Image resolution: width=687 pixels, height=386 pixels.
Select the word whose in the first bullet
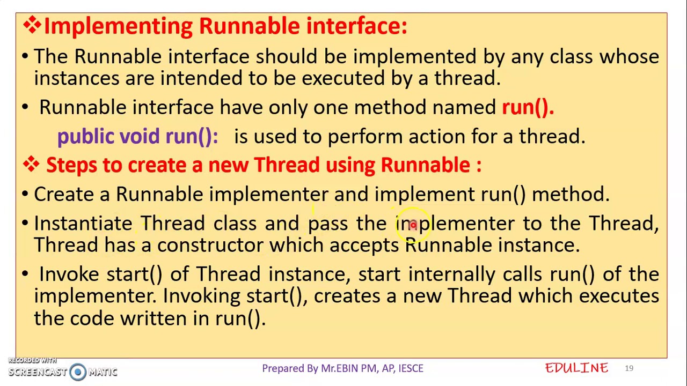click(x=629, y=57)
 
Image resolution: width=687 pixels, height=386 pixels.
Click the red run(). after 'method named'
click(x=527, y=107)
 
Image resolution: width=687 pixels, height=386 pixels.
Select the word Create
click(x=64, y=194)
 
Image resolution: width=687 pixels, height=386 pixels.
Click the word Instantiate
click(x=83, y=223)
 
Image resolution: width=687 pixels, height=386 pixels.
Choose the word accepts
click(x=363, y=245)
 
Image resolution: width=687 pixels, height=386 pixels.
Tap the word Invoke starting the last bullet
click(x=69, y=274)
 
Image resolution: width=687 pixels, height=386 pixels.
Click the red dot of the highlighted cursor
click(x=413, y=225)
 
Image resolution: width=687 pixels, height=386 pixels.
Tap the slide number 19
click(x=628, y=368)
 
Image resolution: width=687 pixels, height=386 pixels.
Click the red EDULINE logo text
click(x=576, y=368)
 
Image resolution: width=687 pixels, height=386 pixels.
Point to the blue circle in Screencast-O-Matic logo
click(x=78, y=372)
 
